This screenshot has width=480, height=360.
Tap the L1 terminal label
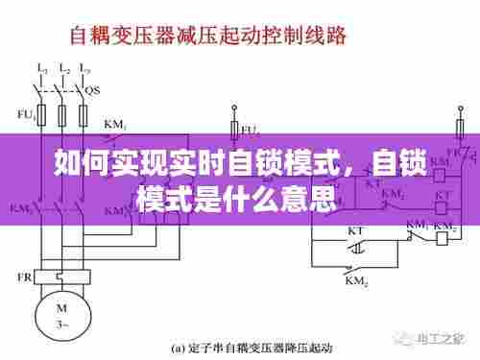pos(41,69)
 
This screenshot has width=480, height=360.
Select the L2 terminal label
pos(64,69)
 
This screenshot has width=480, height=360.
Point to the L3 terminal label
pos(85,69)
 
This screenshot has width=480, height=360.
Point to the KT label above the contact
pos(355,231)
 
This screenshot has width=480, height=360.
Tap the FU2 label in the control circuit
pos(250,128)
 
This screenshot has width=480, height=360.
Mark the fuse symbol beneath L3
pos(84,114)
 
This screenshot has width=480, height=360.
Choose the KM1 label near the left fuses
pos(115,124)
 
